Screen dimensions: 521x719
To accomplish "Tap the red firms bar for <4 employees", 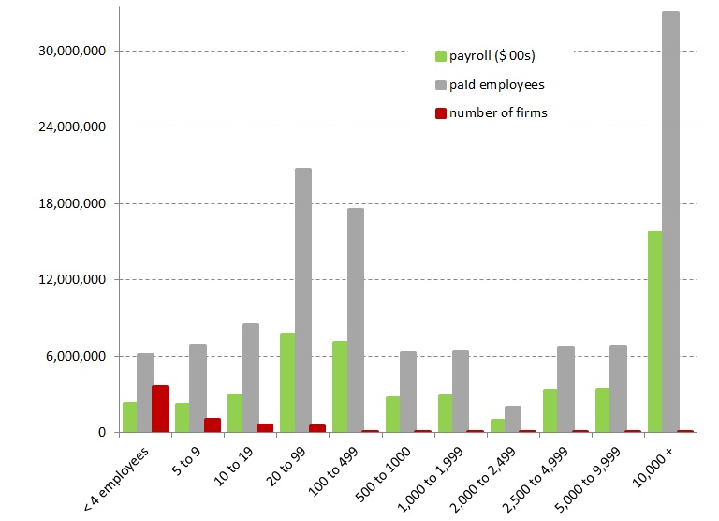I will pyautogui.click(x=160, y=409).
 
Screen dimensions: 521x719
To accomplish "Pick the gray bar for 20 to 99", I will pyautogui.click(x=303, y=300).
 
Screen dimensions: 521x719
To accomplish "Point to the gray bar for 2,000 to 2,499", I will pyautogui.click(x=513, y=419).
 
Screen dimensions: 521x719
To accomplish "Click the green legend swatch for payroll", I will pyautogui.click(x=441, y=56).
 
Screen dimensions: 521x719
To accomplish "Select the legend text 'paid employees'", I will pyautogui.click(x=496, y=84).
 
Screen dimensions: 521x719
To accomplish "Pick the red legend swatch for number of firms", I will pyautogui.click(x=441, y=113).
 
